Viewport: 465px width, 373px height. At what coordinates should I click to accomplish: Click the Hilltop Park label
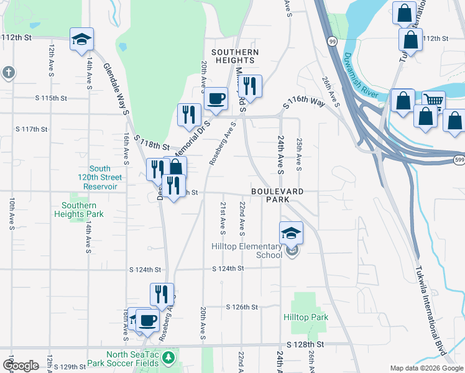(x=306, y=317)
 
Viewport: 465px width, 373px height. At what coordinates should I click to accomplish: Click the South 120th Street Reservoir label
(x=99, y=177)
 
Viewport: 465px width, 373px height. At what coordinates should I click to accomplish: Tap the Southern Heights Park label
(x=79, y=210)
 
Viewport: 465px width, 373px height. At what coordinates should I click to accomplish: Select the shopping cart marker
(x=433, y=101)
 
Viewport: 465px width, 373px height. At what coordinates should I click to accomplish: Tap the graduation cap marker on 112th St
(x=81, y=39)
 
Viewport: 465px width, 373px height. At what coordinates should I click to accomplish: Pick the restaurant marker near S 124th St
(x=162, y=294)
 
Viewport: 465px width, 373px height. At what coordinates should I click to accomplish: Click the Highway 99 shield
(x=333, y=40)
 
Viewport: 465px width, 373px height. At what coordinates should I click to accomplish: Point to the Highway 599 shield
(x=459, y=160)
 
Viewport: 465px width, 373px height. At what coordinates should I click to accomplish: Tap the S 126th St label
(x=242, y=307)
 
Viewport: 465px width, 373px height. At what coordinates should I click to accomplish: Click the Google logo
(x=21, y=366)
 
